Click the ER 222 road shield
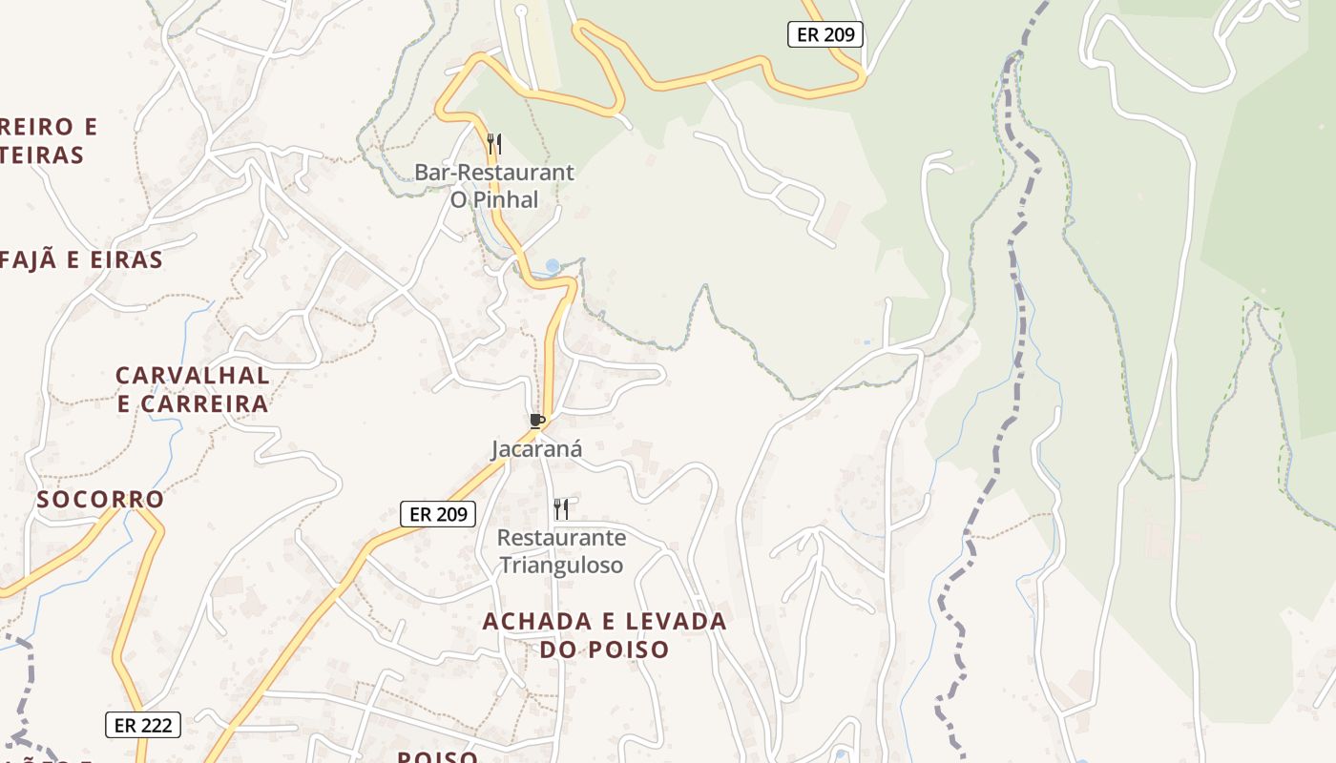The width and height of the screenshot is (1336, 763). click(x=142, y=725)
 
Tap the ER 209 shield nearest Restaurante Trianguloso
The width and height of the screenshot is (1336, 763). click(x=437, y=514)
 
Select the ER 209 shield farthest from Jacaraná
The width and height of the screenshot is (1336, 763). click(x=825, y=35)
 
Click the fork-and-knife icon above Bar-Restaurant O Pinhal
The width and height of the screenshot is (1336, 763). click(x=493, y=144)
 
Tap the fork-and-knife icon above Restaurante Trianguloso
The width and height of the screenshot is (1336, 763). click(x=561, y=509)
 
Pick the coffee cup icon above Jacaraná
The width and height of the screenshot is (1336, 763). click(x=536, y=421)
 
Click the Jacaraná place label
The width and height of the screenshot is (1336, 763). click(x=536, y=448)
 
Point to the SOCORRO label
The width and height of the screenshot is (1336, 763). click(x=100, y=499)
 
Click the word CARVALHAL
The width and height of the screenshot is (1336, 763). click(x=193, y=375)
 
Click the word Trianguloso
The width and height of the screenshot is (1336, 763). click(x=561, y=565)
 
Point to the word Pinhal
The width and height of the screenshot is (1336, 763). click(x=507, y=199)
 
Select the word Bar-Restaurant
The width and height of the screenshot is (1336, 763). click(x=493, y=173)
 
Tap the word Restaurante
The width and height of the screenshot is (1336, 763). click(x=561, y=537)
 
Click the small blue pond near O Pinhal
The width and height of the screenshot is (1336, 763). click(x=553, y=265)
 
